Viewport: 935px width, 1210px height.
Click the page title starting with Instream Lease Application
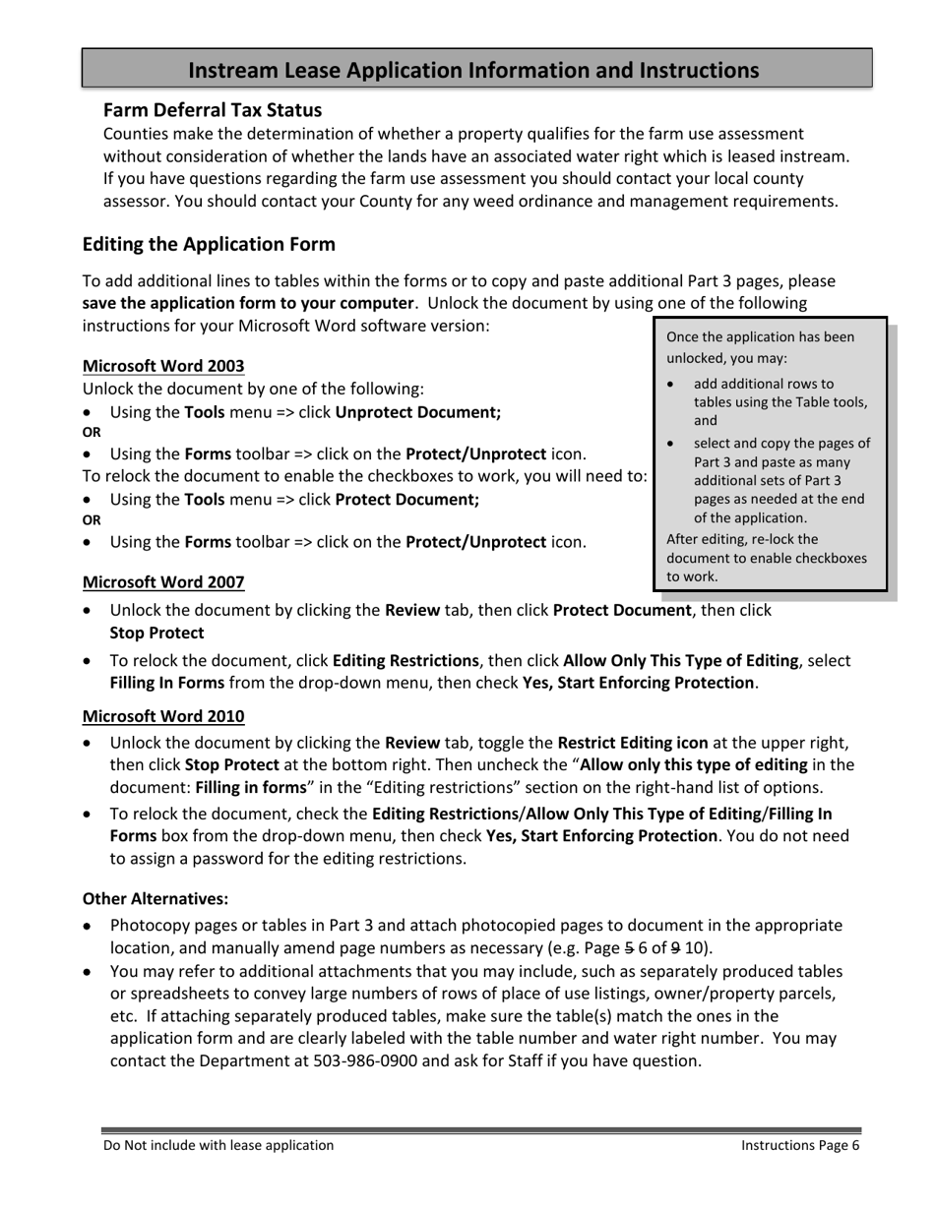[473, 70]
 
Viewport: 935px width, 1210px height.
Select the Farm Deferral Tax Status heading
[213, 109]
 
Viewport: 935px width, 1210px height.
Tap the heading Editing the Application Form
[209, 244]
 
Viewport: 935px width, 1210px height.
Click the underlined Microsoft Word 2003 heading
[163, 366]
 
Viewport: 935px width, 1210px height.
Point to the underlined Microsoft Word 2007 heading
[163, 582]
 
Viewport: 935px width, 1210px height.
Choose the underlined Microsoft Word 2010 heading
[163, 716]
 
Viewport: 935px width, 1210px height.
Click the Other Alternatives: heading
[156, 898]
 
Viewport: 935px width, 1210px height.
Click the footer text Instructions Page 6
[800, 1145]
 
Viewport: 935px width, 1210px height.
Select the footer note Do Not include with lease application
[218, 1145]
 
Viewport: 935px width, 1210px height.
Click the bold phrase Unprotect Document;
[418, 413]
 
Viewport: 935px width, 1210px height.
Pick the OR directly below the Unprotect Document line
[92, 433]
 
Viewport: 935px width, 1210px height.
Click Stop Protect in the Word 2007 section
[157, 634]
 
